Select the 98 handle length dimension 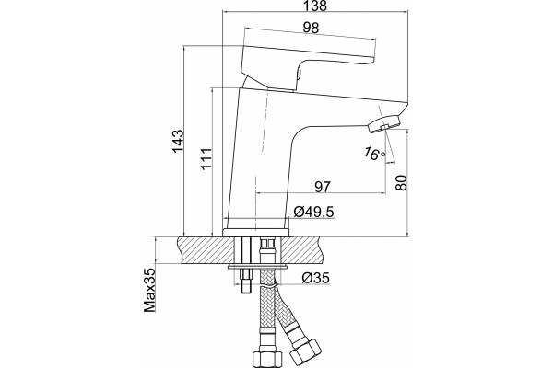(x=311, y=28)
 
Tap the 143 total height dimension (x=178, y=141)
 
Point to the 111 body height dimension (x=206, y=158)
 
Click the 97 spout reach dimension (x=323, y=187)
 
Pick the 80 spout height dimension (x=401, y=182)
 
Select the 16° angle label (x=374, y=154)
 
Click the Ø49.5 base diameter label (x=313, y=212)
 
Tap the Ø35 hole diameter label (x=315, y=278)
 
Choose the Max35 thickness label (x=149, y=290)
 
